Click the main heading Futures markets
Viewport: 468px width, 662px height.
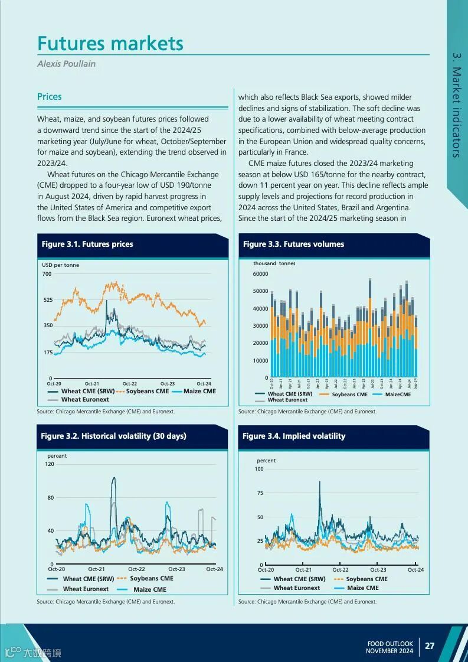110,43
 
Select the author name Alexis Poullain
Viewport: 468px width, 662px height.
66,63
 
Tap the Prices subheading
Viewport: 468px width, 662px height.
50,97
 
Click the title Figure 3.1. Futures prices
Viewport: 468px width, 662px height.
87,244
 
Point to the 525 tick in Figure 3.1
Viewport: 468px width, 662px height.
48,300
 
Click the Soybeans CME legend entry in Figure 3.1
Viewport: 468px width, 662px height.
147,391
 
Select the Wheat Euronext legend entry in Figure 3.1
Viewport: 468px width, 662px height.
85,400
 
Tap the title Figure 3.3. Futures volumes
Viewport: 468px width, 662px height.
293,244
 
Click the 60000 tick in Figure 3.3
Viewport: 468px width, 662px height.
260,274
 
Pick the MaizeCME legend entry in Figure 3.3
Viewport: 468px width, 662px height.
398,394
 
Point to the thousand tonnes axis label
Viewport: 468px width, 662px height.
274,263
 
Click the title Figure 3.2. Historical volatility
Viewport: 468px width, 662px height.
113,436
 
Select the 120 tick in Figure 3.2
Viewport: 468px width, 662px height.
49,464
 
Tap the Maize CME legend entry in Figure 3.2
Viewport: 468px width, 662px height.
149,589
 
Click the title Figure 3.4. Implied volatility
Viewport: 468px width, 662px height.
294,436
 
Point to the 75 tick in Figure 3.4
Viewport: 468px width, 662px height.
260,493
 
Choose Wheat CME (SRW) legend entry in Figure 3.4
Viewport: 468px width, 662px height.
299,579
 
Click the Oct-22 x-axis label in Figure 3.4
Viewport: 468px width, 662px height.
341,570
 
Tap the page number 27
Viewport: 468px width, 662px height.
430,645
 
